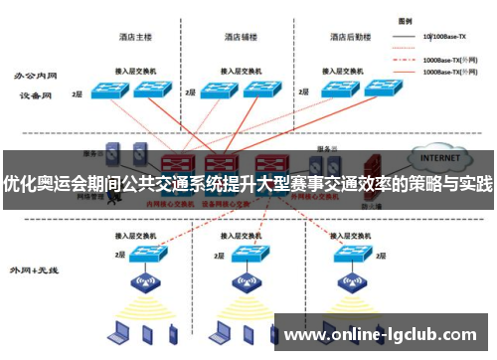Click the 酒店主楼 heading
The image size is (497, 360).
(135, 38)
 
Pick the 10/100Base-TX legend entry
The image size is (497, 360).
(444, 37)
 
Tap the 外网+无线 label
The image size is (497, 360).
(33, 270)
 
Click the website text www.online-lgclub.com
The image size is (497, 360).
(382, 333)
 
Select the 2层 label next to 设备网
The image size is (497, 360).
(77, 93)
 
